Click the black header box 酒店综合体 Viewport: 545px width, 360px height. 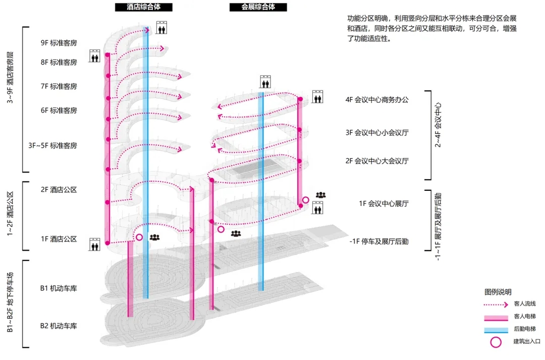143,7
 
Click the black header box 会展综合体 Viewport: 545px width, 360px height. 258,7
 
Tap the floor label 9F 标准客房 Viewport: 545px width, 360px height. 59,43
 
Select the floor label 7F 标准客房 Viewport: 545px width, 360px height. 59,86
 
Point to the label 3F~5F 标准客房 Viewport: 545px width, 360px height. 52,145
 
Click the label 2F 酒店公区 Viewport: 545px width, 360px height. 59,189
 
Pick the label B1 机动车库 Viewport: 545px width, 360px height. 59,288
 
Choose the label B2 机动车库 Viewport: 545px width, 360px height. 59,326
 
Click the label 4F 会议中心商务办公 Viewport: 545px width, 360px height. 377,100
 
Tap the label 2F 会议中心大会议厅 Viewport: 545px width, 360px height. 377,161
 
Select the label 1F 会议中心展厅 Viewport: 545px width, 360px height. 384,204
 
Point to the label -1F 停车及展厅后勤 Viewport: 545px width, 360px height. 379,241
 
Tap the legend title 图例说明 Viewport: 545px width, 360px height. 498,292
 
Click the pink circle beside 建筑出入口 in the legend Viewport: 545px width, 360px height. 496,342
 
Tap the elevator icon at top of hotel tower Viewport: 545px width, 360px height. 161,27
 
